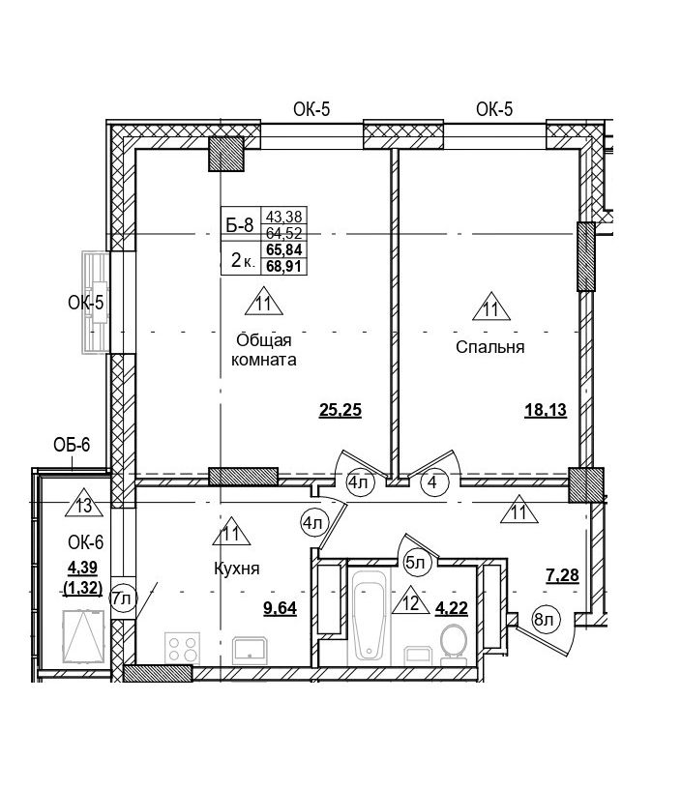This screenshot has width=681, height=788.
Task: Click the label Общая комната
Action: click(264, 350)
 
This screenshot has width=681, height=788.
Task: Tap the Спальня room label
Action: click(489, 347)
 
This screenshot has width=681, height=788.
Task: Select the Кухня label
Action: click(237, 569)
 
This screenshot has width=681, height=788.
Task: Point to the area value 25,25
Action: click(340, 410)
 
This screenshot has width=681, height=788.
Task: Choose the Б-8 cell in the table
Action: click(239, 226)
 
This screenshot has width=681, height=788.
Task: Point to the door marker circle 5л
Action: click(415, 561)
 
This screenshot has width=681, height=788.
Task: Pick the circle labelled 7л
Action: click(122, 598)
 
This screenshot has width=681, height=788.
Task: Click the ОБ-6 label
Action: click(72, 445)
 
